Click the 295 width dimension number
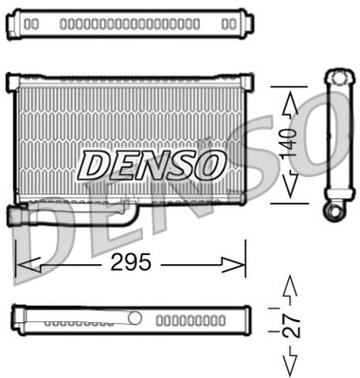131,262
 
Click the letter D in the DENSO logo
94,166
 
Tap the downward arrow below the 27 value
291,364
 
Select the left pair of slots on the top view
31,22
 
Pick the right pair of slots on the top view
227,22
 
